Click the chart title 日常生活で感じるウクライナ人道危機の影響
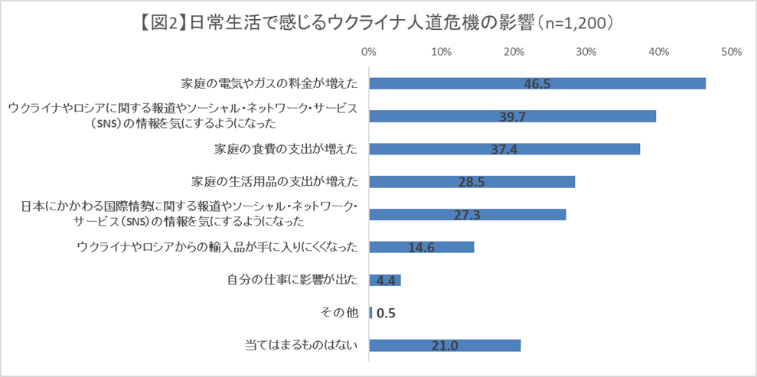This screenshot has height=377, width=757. pos(379,23)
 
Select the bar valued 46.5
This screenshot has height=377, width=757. pos(537,83)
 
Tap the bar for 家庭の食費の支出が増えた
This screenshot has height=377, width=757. pos(504,149)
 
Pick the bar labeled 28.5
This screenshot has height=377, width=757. pos(471,182)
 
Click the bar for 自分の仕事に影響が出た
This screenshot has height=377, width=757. pos(385,281)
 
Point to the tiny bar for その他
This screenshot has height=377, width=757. pos(370,313)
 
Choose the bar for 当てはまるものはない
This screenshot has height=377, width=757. pos(445,346)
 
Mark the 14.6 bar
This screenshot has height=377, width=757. pos(422,247)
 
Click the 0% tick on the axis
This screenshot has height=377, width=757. pos(368,52)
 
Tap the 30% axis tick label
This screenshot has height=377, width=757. pos(586,52)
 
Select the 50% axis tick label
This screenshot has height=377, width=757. pos(732,52)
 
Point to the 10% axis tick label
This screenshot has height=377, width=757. pos(441,52)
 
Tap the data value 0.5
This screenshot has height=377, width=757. pos(387,314)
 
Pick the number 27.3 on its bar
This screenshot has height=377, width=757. pos(467,215)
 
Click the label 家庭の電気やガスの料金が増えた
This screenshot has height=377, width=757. pos(269,83)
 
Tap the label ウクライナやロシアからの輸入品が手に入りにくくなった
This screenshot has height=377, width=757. pos(217,247)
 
